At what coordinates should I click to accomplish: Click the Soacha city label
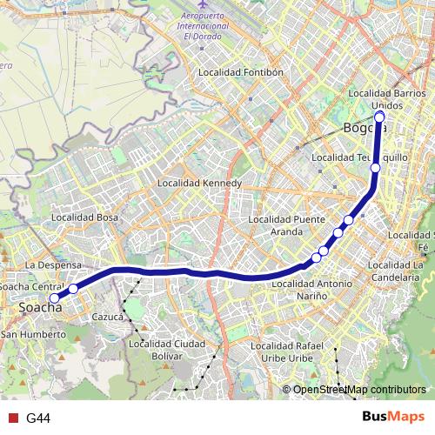40,309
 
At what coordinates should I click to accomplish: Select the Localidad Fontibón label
241,73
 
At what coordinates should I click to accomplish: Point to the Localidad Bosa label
84,217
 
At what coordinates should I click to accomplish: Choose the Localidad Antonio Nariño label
311,290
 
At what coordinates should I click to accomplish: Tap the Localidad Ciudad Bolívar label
167,349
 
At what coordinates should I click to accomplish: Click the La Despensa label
53,264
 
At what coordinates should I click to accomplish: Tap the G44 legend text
38,418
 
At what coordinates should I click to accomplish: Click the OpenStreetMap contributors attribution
358,390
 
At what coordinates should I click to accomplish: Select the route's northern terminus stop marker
379,117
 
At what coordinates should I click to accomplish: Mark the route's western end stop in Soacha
54,298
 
